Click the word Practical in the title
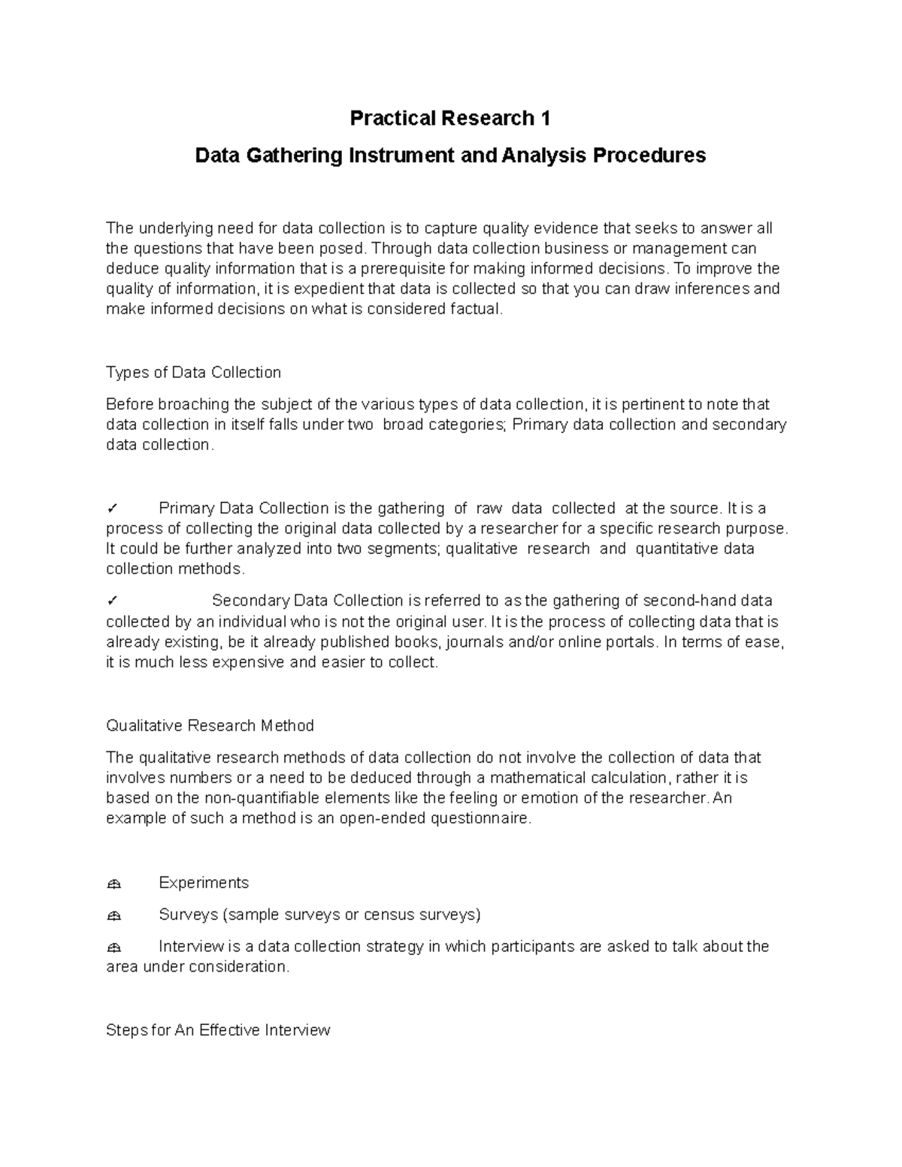[393, 119]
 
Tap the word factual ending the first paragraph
[475, 310]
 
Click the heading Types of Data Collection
[193, 373]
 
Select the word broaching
[191, 404]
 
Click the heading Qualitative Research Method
[210, 726]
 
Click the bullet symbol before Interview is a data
[114, 948]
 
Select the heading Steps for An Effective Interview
[218, 1030]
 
